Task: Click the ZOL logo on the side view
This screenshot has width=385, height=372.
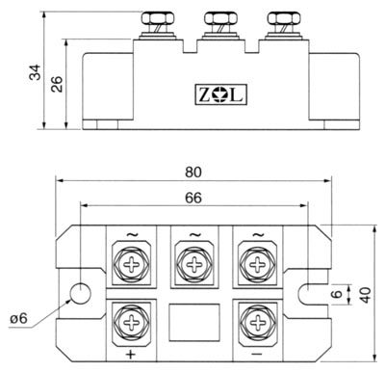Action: click(x=221, y=94)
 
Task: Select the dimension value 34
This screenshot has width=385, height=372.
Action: click(x=36, y=72)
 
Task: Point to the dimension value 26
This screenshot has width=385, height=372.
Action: click(x=57, y=85)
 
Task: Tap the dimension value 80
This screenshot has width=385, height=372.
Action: click(x=193, y=173)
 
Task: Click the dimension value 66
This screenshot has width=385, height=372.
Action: click(x=193, y=198)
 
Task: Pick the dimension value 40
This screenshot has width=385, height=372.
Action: click(x=366, y=295)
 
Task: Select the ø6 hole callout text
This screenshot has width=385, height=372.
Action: click(x=18, y=318)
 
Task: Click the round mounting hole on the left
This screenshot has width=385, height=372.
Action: click(x=80, y=293)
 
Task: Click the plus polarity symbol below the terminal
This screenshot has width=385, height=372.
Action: click(x=131, y=355)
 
